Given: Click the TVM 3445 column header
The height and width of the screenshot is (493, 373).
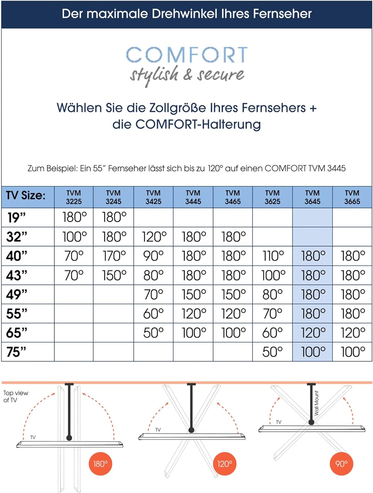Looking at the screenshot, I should pos(193,197).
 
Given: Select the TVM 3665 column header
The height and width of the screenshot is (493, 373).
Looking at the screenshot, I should pos(352,197).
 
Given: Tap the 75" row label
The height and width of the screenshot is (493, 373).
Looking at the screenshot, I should pos(16,352).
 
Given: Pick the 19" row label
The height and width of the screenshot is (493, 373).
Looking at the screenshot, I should pos(16,218).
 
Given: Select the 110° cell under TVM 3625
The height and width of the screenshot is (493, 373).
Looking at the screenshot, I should pos(273,256).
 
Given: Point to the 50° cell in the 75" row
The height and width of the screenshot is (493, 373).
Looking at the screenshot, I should pos(272,352).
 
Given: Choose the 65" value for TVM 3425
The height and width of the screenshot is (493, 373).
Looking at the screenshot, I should pos(153,333).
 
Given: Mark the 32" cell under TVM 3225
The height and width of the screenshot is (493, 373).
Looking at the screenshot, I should pos(74,237).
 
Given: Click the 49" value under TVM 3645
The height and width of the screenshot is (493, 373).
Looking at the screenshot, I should pos(313,294).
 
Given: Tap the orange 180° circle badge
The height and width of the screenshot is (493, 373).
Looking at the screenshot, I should pos(100,464).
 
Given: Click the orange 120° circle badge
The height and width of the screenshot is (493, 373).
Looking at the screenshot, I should pos(224,464).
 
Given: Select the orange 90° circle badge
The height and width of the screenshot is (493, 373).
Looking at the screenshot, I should pos(341,464).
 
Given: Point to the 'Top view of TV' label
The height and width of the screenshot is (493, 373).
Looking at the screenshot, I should pos(15,396).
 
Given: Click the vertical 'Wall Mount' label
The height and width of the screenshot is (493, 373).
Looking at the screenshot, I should pos(316,403).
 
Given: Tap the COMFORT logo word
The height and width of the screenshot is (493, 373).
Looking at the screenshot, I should pos(187,55).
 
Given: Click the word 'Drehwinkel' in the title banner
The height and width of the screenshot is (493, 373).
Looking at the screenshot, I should pos(187,14).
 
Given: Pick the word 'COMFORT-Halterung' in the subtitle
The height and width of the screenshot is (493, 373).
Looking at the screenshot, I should pos(198,125).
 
